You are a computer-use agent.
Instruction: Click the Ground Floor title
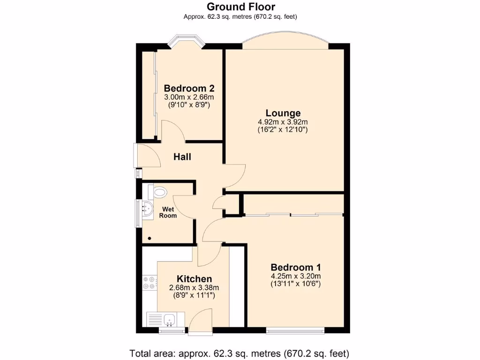coord(240,7)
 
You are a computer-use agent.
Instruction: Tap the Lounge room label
coord(283,113)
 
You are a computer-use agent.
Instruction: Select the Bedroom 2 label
coord(189,88)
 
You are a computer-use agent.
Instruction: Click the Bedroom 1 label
coord(295,267)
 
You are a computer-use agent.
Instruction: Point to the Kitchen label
coord(194,279)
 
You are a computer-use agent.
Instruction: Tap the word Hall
coord(182,157)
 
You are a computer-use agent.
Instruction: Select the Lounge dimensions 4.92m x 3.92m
coord(283,122)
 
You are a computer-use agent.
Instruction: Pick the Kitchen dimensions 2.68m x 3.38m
coord(194,287)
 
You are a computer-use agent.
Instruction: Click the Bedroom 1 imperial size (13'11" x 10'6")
coord(295,284)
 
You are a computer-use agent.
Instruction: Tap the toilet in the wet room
coord(158,191)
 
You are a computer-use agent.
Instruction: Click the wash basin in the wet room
coord(147,210)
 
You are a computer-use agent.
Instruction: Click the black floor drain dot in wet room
coord(150,238)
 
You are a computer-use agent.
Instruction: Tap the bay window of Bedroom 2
coord(186,41)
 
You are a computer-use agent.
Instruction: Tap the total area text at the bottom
coord(240,353)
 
